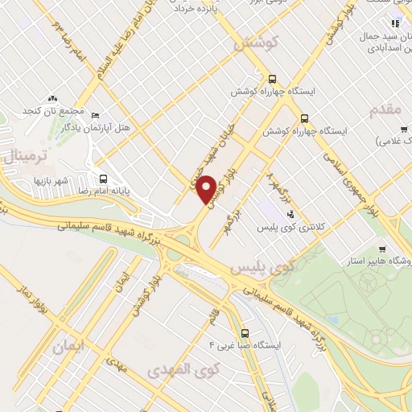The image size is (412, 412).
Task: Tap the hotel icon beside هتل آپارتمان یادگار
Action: click(x=96, y=116)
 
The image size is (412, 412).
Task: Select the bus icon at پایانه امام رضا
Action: click(x=102, y=179)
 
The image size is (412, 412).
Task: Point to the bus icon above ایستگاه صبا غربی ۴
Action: click(x=244, y=332)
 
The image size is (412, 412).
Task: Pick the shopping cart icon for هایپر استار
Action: click(x=381, y=249)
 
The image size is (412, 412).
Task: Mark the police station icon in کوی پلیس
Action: click(x=290, y=213)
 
